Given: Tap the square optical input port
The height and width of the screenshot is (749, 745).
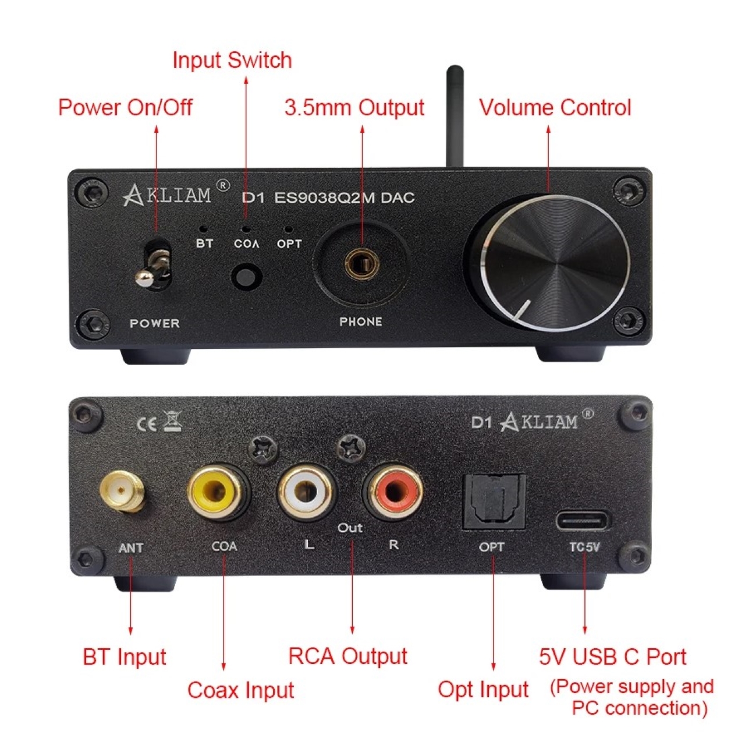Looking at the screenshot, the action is pos(494,501).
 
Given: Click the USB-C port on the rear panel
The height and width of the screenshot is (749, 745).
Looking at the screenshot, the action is pos(584,519).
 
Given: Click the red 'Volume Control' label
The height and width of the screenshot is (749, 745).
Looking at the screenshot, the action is pos(555,108).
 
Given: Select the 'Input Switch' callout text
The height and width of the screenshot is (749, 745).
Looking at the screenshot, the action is pos(232,61).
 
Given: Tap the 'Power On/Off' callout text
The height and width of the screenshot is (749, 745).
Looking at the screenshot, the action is pos(125,108).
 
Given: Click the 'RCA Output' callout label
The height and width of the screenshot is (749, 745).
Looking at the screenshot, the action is pos(347,656).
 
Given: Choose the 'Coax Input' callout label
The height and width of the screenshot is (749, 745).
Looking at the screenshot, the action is pos(240,691).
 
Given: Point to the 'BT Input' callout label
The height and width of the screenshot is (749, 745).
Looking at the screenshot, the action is pos(124,658).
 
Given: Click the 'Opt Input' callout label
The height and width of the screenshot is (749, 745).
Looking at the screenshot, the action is pos(483,690).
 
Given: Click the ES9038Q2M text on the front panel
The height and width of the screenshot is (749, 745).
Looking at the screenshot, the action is pos(324,198).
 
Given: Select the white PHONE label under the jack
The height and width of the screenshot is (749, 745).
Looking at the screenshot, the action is pos(361,321).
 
